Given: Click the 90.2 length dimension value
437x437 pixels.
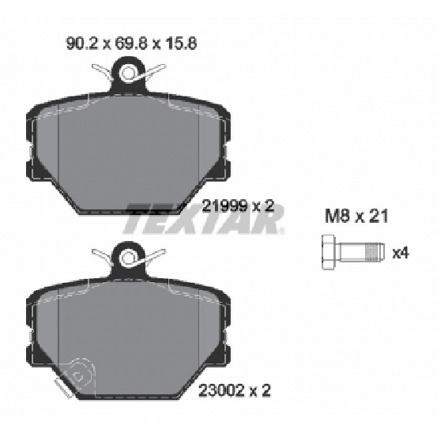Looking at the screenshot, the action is coord(82,43).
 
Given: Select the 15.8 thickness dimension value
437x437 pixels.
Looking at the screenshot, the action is coord(181,43).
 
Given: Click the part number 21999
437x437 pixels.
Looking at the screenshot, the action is coord(224,206).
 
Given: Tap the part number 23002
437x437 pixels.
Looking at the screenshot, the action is coord(221,390).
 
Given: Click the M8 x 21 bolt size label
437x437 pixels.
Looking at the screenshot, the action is coord(356,217).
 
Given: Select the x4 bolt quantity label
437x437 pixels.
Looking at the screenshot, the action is coord(401,254).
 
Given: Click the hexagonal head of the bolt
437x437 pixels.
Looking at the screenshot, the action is coord(330,253).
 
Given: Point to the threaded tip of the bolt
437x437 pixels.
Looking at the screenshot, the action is coord(375,253).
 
